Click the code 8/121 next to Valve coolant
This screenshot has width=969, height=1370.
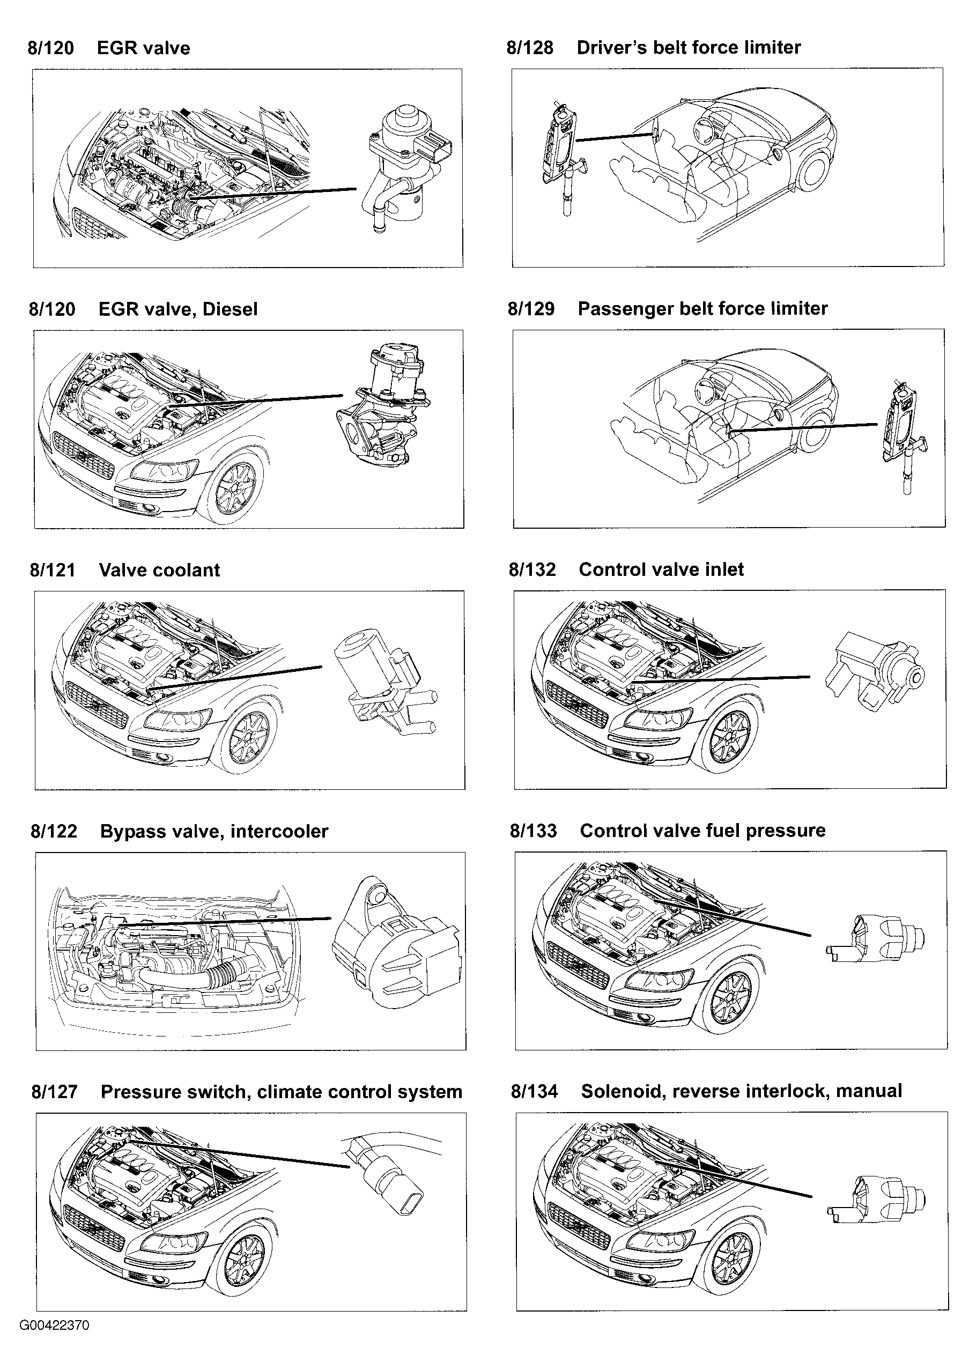coord(53,570)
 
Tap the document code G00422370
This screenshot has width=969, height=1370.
coord(54,1325)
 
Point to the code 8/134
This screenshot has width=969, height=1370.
coord(534,1091)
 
